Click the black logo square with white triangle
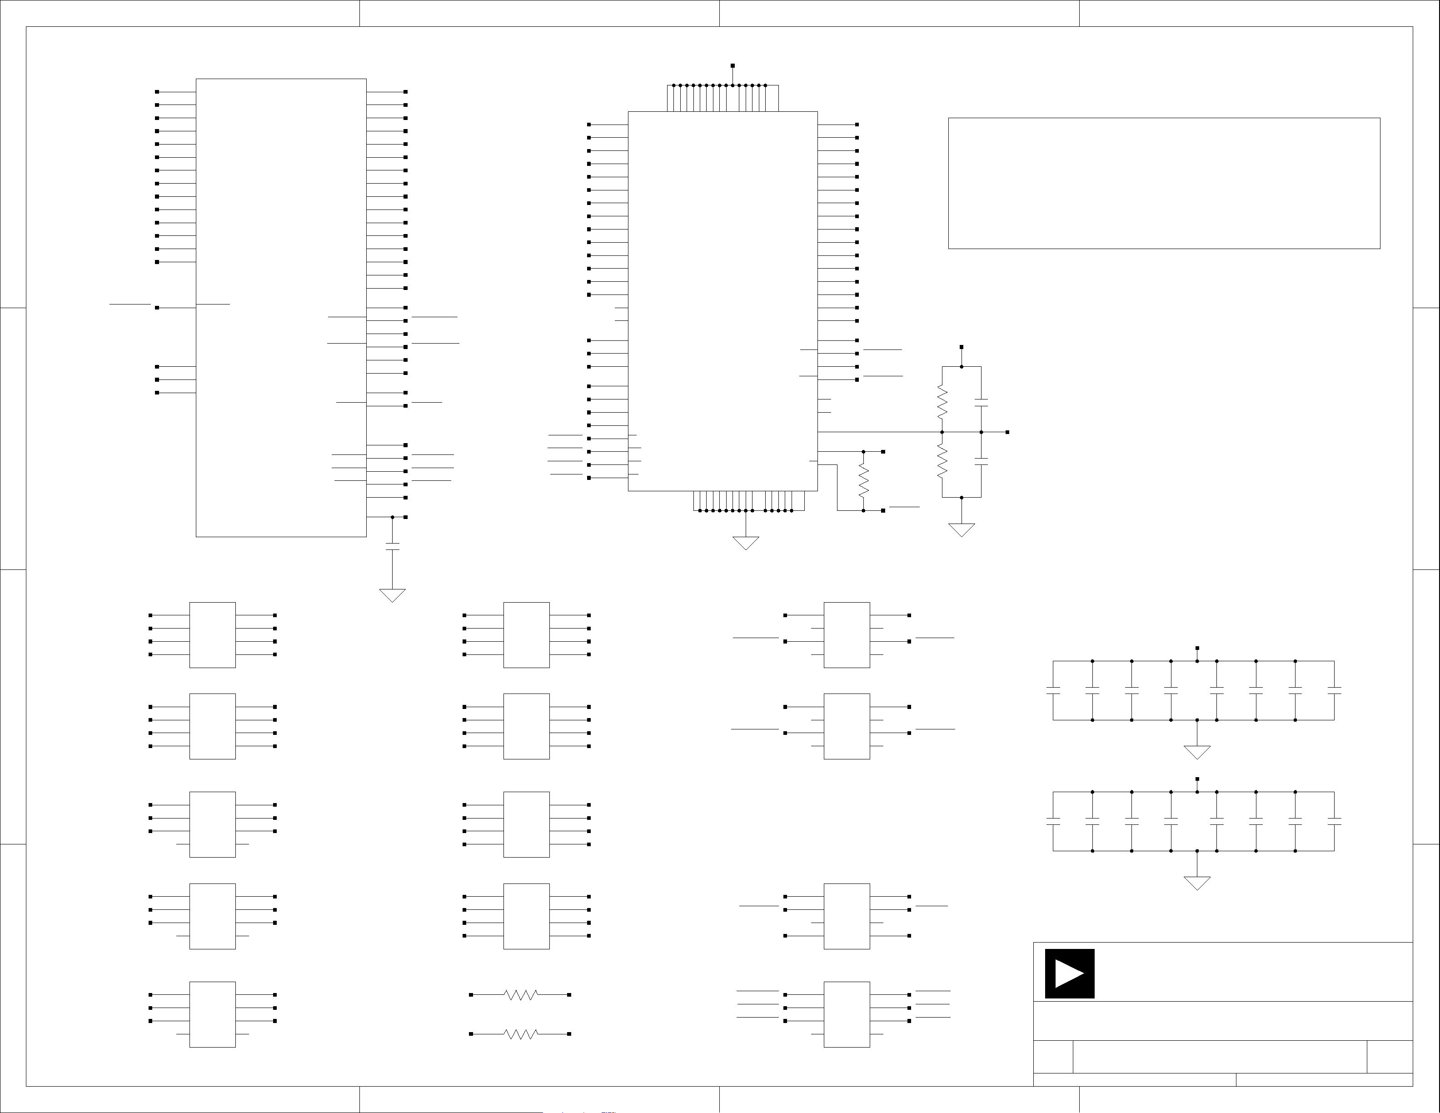[1070, 973]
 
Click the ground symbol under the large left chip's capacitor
[392, 595]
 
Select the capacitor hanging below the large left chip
[392, 547]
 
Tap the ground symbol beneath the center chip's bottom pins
[746, 543]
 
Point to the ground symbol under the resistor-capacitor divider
[962, 529]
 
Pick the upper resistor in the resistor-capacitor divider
[942, 402]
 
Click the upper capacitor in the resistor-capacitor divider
[981, 402]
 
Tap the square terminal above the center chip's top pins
[732, 66]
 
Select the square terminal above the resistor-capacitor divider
[962, 347]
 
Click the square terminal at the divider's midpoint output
[1007, 432]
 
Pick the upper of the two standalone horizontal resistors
[521, 994]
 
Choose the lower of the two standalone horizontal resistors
[521, 1034]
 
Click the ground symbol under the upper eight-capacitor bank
[1197, 752]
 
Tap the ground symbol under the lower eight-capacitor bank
[1197, 882]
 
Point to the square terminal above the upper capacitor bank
[1197, 648]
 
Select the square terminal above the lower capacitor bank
[1197, 779]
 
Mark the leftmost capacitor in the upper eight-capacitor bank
[1053, 690]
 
